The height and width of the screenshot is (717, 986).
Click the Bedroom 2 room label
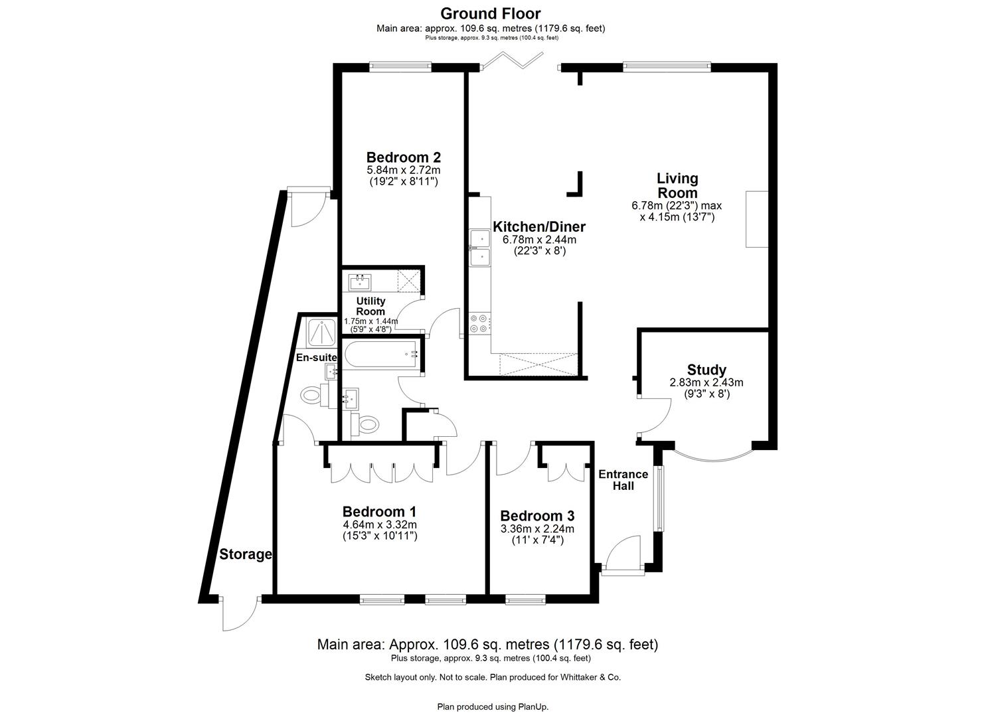[404, 157]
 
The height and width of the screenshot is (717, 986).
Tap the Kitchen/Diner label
[538, 227]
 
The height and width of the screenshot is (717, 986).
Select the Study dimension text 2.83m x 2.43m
[706, 382]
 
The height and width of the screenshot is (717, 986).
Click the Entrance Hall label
[623, 480]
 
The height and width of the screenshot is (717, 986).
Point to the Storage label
[246, 554]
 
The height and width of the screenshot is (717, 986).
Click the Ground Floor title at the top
[491, 13]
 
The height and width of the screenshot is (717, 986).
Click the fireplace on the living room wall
[756, 219]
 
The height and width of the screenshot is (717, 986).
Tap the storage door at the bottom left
[239, 613]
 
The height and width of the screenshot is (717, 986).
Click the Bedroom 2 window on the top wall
[400, 66]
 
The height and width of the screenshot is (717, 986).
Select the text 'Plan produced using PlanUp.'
[493, 706]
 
